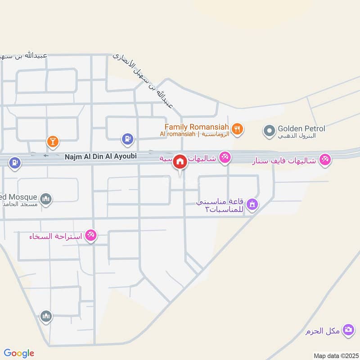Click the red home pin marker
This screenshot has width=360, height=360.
180,161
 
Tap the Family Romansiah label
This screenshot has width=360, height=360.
197,127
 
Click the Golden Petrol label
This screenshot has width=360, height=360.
301,129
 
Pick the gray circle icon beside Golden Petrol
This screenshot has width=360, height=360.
269,131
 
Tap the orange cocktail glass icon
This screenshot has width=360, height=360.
53,142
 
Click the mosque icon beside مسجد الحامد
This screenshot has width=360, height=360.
46,198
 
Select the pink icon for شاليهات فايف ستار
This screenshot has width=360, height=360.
325,159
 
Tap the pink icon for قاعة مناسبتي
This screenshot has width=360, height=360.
253,205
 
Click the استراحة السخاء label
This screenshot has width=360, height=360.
55,236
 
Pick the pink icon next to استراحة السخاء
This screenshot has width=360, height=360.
91,235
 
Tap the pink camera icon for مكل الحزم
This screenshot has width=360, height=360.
348,330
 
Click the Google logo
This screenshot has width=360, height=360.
19,353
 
